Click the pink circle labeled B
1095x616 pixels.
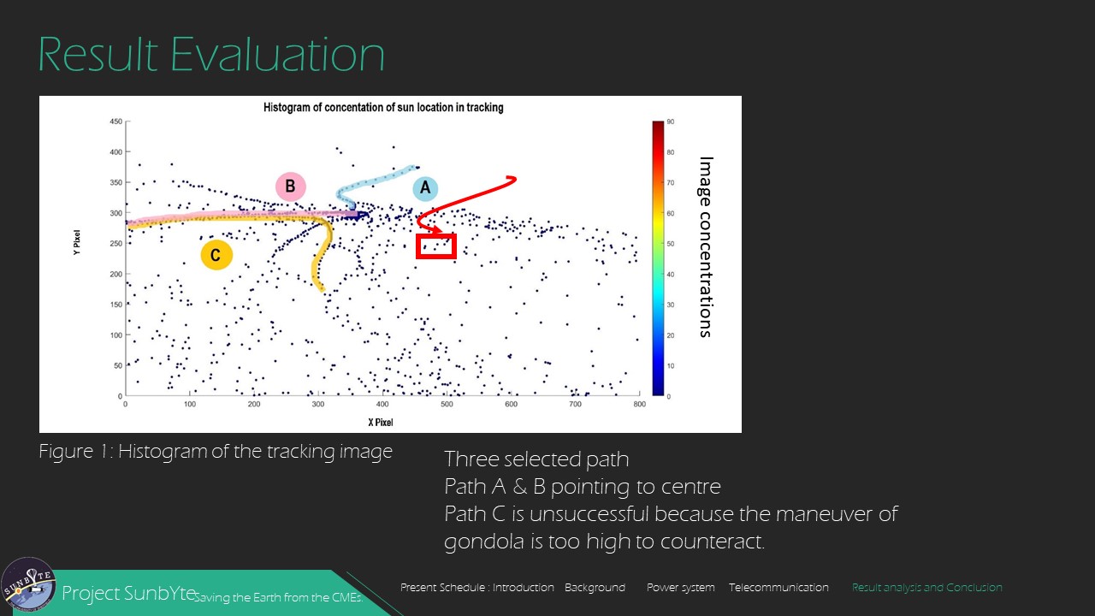290,187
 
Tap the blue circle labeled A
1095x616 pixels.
425,188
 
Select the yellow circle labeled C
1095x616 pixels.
216,255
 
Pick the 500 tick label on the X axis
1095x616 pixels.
447,405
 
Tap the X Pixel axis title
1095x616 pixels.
381,423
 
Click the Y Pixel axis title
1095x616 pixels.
77,242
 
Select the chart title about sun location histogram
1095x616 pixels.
383,108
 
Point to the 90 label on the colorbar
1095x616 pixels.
670,121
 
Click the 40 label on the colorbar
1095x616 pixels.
670,275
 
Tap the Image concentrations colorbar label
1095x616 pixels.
706,247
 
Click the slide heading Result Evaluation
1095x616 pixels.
211,54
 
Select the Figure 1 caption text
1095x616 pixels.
215,451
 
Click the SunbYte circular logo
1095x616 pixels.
28,584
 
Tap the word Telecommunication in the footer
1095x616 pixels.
778,587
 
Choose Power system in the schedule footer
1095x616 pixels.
680,588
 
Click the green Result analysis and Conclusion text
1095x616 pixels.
926,588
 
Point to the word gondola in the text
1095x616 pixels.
484,542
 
